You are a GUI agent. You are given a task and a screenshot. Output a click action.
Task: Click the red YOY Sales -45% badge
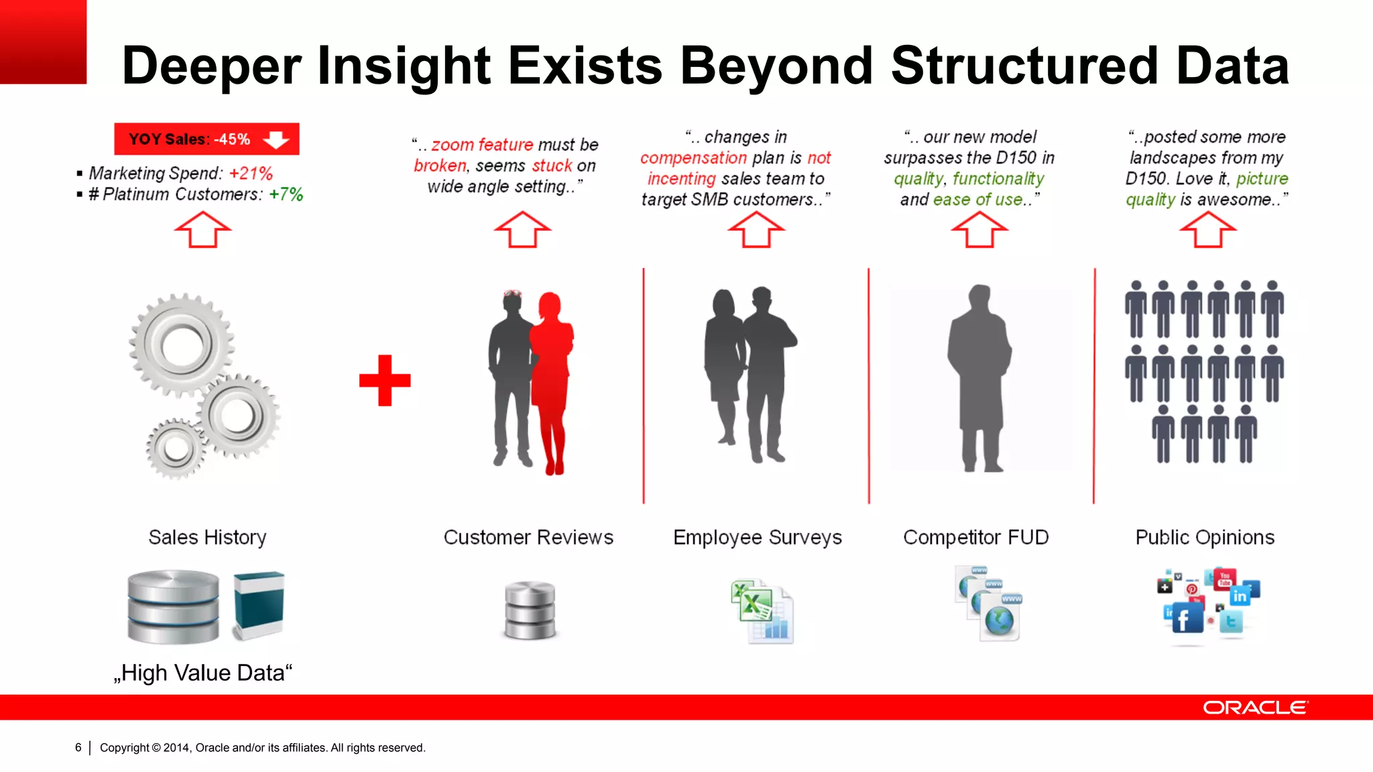coord(206,139)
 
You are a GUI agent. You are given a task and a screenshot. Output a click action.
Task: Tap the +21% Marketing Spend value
coord(251,174)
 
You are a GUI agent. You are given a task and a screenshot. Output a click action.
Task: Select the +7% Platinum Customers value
coord(286,194)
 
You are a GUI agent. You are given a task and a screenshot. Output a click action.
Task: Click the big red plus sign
coord(385,381)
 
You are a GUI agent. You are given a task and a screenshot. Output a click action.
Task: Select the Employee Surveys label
coord(758,537)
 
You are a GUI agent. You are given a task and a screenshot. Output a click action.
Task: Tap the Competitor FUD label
coord(975,537)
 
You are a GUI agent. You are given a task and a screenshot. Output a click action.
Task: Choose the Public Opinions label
coord(1205,537)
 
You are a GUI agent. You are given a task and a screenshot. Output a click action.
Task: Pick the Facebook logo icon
coord(1185,619)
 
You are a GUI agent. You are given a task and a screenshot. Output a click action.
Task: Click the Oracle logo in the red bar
coord(1255,708)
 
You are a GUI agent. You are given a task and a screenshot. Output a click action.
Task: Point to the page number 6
coord(78,747)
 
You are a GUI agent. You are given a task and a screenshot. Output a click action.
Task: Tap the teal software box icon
coord(259,604)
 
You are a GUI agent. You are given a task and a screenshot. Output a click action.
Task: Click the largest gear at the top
coord(182,344)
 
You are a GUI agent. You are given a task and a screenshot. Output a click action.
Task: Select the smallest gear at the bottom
coord(176,448)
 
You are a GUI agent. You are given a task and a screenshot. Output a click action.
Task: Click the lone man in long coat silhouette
coord(979,379)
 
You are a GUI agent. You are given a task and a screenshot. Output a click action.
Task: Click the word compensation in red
coord(693,158)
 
